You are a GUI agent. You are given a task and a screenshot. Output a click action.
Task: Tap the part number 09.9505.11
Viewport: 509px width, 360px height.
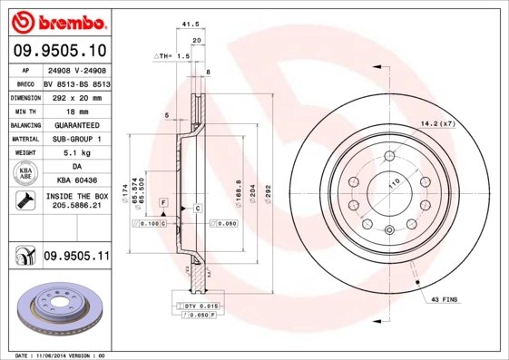(77, 258)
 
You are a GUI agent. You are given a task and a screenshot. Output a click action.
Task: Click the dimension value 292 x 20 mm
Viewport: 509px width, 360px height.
(77, 95)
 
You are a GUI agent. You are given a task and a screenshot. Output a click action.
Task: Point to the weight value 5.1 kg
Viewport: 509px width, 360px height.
(77, 152)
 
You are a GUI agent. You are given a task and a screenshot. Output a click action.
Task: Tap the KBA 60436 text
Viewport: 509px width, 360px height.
(77, 181)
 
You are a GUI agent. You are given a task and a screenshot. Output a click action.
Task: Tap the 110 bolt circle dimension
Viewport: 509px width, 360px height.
(394, 184)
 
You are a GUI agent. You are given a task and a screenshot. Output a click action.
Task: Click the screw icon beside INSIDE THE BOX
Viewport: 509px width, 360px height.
(23, 200)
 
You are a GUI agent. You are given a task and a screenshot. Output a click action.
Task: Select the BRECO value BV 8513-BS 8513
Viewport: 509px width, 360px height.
(77, 81)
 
